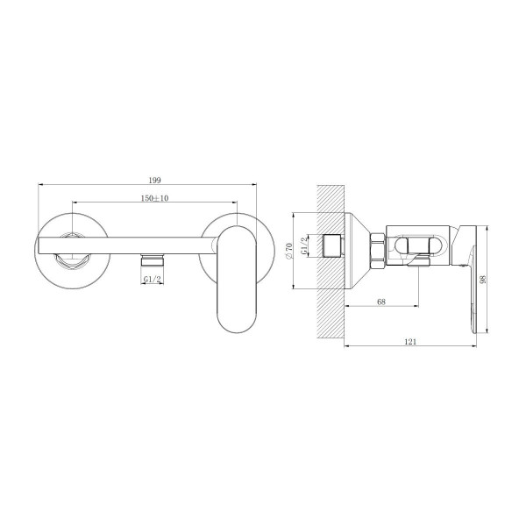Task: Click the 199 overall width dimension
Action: point(154,180)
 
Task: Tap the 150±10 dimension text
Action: point(154,198)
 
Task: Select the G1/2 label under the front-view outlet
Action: point(153,279)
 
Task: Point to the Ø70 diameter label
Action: point(288,251)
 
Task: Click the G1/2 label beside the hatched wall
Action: point(304,245)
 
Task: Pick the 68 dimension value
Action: point(381,302)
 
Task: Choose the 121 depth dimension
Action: point(410,342)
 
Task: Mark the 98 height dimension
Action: point(483,280)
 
